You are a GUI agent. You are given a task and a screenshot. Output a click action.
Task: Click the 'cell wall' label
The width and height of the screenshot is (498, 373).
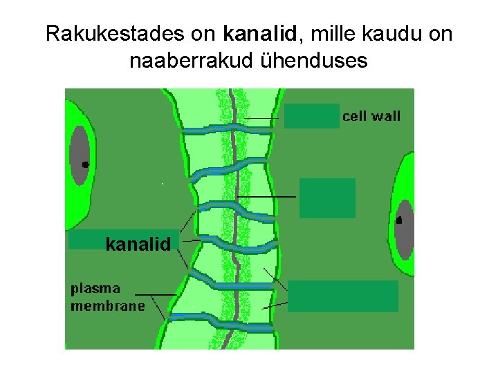[x=371, y=116]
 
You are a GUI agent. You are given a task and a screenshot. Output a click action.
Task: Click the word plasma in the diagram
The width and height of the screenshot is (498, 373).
[x=95, y=288]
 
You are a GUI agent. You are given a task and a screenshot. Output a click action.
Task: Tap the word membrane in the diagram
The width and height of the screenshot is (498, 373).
[x=108, y=305]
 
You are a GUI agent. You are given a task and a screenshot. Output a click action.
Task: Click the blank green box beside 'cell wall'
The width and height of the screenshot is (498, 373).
[x=311, y=116]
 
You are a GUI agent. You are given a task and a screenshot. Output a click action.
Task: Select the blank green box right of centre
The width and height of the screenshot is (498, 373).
[x=327, y=198]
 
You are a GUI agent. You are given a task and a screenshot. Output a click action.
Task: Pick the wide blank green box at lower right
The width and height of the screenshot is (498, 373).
[x=343, y=296]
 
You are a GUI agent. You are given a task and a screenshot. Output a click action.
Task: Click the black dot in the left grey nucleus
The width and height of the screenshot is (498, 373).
[x=85, y=165]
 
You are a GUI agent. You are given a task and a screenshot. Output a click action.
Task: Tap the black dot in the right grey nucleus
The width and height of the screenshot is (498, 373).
[x=399, y=220]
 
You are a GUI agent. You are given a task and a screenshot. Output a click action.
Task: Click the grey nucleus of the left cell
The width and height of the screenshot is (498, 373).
[x=80, y=155]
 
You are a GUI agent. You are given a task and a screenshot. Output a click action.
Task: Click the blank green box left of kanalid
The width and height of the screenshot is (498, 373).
[x=86, y=240]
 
